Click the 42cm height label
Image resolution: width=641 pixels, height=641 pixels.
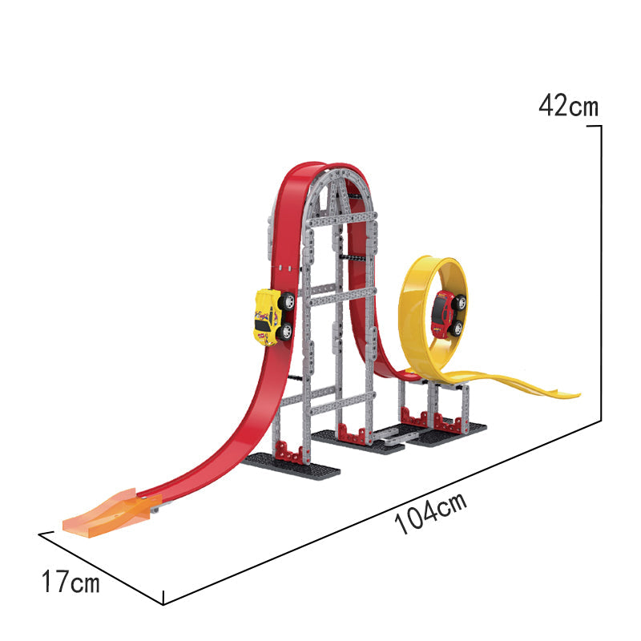point(568,106)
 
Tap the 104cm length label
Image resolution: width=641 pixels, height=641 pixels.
point(431,513)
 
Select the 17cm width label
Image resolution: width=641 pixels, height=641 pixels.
point(71,582)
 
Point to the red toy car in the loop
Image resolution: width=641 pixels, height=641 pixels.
point(448,314)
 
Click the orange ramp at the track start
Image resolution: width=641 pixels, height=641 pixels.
point(108,510)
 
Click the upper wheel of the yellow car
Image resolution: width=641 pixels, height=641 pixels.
point(287,301)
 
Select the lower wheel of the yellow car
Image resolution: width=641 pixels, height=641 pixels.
point(285,332)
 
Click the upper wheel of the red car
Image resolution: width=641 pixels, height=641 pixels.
point(460,302)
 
